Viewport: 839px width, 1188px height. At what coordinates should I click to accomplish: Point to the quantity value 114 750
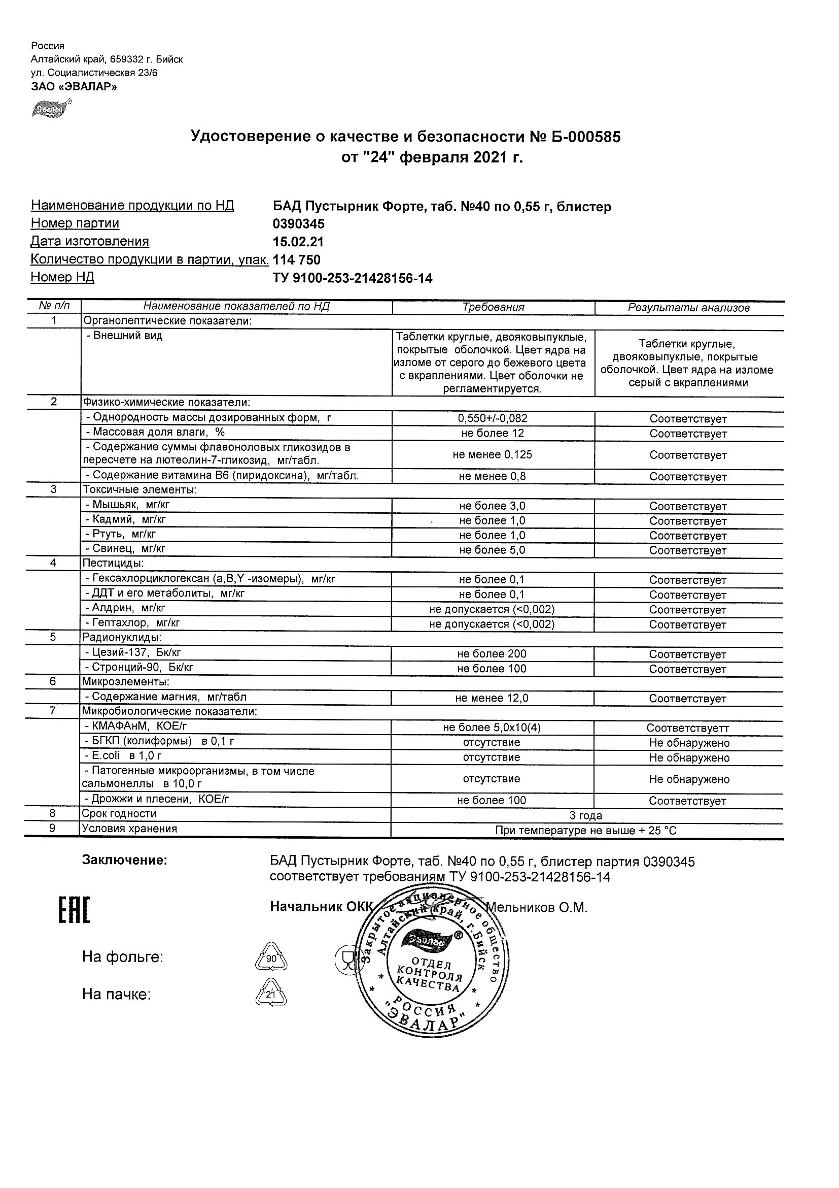click(297, 260)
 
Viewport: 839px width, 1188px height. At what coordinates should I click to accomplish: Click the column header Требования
click(493, 307)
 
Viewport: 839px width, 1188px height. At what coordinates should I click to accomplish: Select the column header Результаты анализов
click(688, 308)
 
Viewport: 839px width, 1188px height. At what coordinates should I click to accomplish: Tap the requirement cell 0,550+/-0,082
click(493, 418)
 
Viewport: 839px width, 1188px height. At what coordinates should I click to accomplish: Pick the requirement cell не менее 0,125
click(492, 455)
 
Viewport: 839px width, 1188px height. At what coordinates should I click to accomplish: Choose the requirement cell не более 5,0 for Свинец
click(492, 550)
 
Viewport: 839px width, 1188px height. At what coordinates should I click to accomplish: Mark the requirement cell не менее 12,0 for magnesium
click(492, 698)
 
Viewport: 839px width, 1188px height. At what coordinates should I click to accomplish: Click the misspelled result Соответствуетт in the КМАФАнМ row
click(688, 728)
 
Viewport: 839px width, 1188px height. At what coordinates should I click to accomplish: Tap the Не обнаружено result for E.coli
click(689, 758)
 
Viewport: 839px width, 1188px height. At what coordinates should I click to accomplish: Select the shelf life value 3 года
click(586, 816)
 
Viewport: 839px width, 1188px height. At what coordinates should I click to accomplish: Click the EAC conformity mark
click(74, 911)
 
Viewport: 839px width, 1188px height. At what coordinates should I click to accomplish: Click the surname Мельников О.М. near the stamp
click(537, 907)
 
